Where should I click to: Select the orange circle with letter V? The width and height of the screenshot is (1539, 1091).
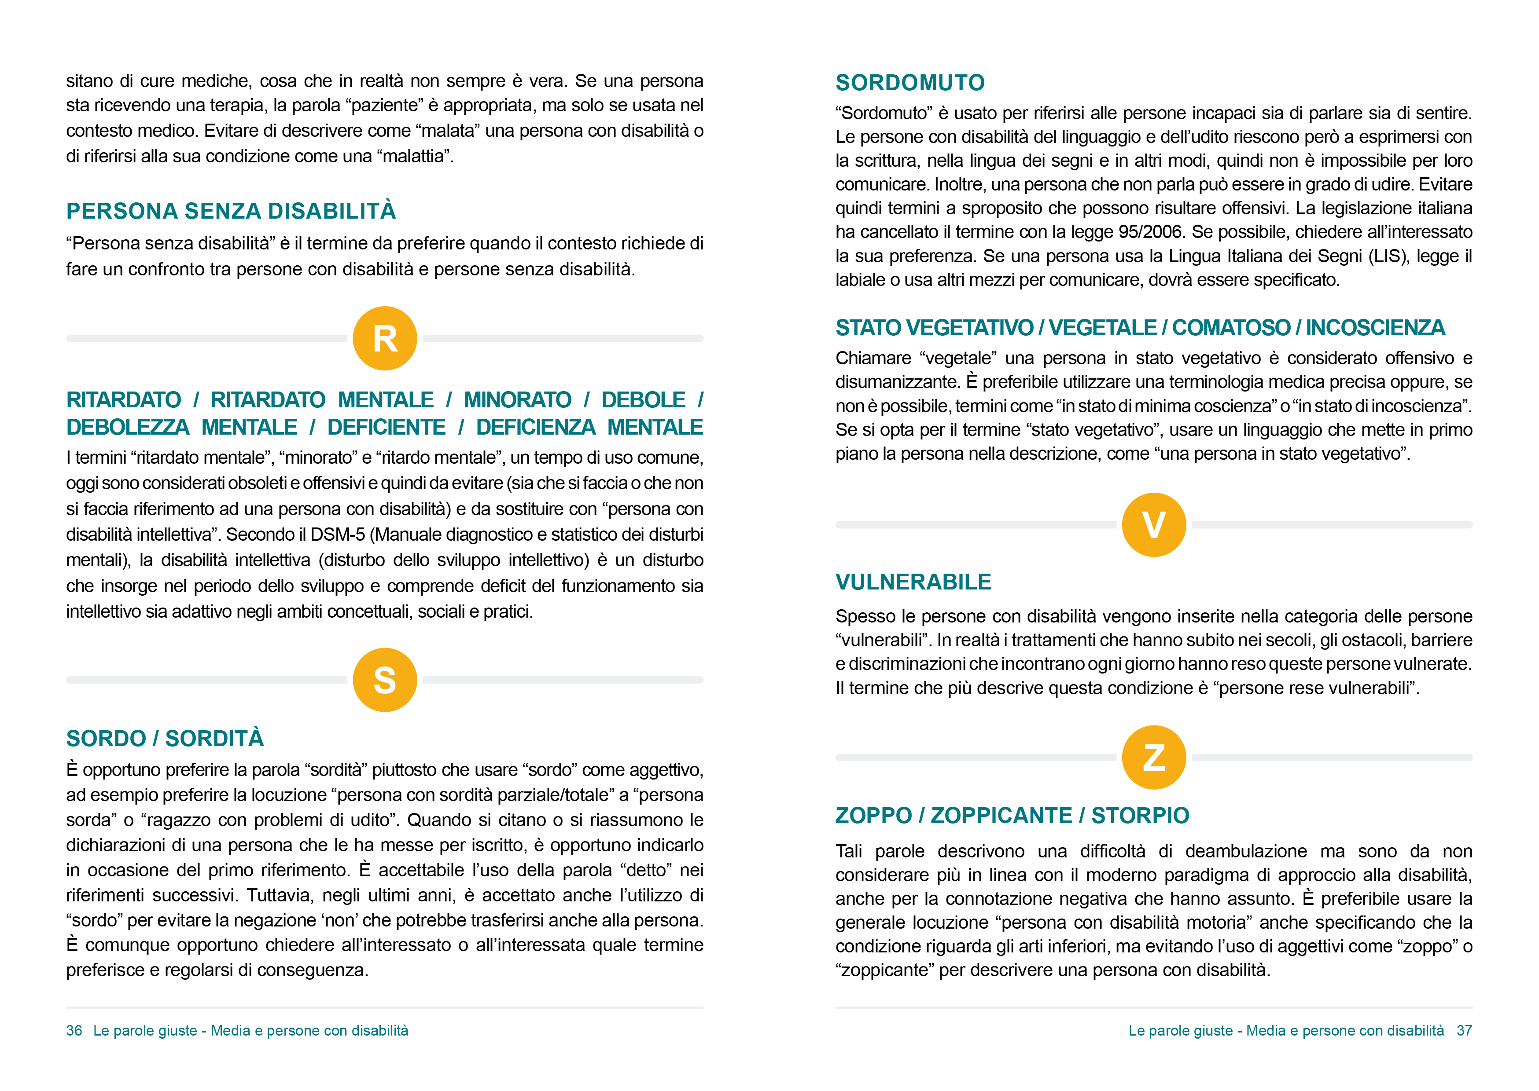(1153, 525)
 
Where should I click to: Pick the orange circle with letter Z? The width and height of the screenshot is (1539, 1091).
(1153, 757)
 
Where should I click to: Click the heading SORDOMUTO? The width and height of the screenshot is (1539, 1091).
(910, 83)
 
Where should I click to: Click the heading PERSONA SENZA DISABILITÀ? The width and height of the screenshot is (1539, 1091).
(231, 211)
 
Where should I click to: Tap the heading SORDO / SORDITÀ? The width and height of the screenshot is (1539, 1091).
(165, 738)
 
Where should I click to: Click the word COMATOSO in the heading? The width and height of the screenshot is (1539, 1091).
(1231, 328)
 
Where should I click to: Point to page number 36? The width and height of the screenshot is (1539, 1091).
(74, 1031)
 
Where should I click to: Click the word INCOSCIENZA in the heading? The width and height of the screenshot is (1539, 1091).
(1375, 328)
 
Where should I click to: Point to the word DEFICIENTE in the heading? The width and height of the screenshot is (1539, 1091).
(387, 427)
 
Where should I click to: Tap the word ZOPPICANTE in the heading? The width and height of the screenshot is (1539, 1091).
(1001, 816)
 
